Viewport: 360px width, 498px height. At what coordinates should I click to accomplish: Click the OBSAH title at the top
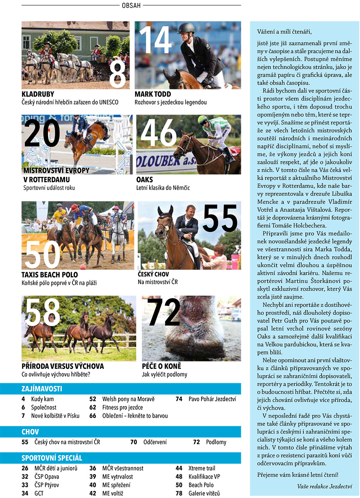(131, 5)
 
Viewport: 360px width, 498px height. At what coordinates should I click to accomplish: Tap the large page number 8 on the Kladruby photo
(117, 74)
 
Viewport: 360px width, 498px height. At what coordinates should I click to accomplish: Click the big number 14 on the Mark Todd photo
(155, 40)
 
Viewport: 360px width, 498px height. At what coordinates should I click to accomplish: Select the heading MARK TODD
(153, 94)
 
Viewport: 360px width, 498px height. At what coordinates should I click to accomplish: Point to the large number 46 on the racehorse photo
(159, 133)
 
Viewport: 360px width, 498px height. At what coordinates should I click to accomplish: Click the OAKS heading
(144, 179)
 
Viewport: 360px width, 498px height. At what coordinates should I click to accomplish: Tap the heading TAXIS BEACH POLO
(50, 275)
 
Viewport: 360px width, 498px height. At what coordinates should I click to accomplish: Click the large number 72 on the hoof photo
(164, 312)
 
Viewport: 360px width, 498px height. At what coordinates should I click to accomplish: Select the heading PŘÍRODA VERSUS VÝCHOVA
(63, 366)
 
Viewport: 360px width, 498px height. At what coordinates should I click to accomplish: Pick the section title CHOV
(30, 432)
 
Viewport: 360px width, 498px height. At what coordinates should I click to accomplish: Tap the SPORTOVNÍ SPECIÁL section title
(52, 458)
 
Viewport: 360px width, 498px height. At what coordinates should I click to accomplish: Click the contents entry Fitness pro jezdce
(122, 407)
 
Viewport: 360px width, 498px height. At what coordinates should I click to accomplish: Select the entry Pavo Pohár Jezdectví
(212, 399)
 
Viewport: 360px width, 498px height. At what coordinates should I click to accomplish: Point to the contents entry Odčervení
(155, 442)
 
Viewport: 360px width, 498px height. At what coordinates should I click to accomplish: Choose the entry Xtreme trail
(201, 468)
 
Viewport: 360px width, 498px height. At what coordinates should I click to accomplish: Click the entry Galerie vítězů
(204, 493)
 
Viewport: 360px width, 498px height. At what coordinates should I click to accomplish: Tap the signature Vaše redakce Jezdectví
(324, 486)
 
